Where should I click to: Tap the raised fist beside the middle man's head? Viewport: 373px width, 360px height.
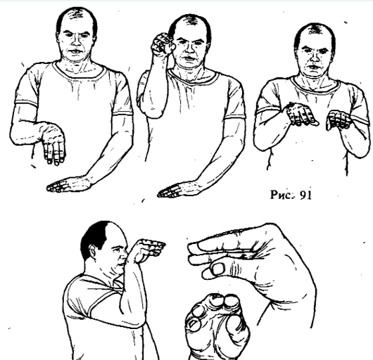click(x=163, y=45)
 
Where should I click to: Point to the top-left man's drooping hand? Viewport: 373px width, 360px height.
click(x=53, y=144)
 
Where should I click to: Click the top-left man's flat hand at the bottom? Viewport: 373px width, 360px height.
click(x=69, y=184)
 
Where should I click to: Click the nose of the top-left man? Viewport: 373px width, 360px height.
click(x=77, y=42)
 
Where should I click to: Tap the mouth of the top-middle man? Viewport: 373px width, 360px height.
click(x=189, y=58)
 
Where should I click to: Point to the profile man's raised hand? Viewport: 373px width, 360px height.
click(x=149, y=249)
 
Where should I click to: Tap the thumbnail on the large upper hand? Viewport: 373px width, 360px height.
click(x=218, y=269)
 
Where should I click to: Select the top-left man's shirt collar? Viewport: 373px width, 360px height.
click(x=79, y=70)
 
